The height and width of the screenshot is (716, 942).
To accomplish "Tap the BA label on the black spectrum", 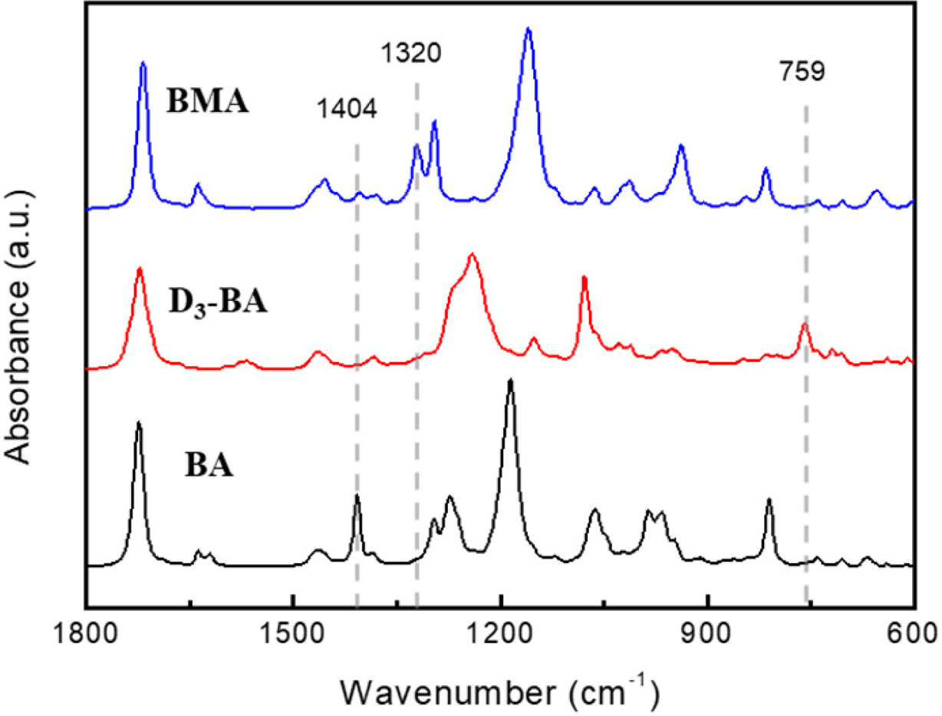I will pyautogui.click(x=209, y=465).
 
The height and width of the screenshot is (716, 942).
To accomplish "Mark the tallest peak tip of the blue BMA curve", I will pyautogui.click(x=528, y=29).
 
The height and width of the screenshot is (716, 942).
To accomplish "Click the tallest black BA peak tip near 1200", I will pyautogui.click(x=510, y=380).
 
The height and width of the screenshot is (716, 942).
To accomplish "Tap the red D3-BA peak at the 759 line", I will pyautogui.click(x=804, y=324).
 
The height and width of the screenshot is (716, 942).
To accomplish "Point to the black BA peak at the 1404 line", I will pyautogui.click(x=357, y=496).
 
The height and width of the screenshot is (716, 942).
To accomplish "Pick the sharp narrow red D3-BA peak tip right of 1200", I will pyautogui.click(x=584, y=278).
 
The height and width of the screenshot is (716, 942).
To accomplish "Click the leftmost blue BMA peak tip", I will pyautogui.click(x=143, y=64).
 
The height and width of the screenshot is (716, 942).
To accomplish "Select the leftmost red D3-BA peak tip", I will pyautogui.click(x=140, y=269).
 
